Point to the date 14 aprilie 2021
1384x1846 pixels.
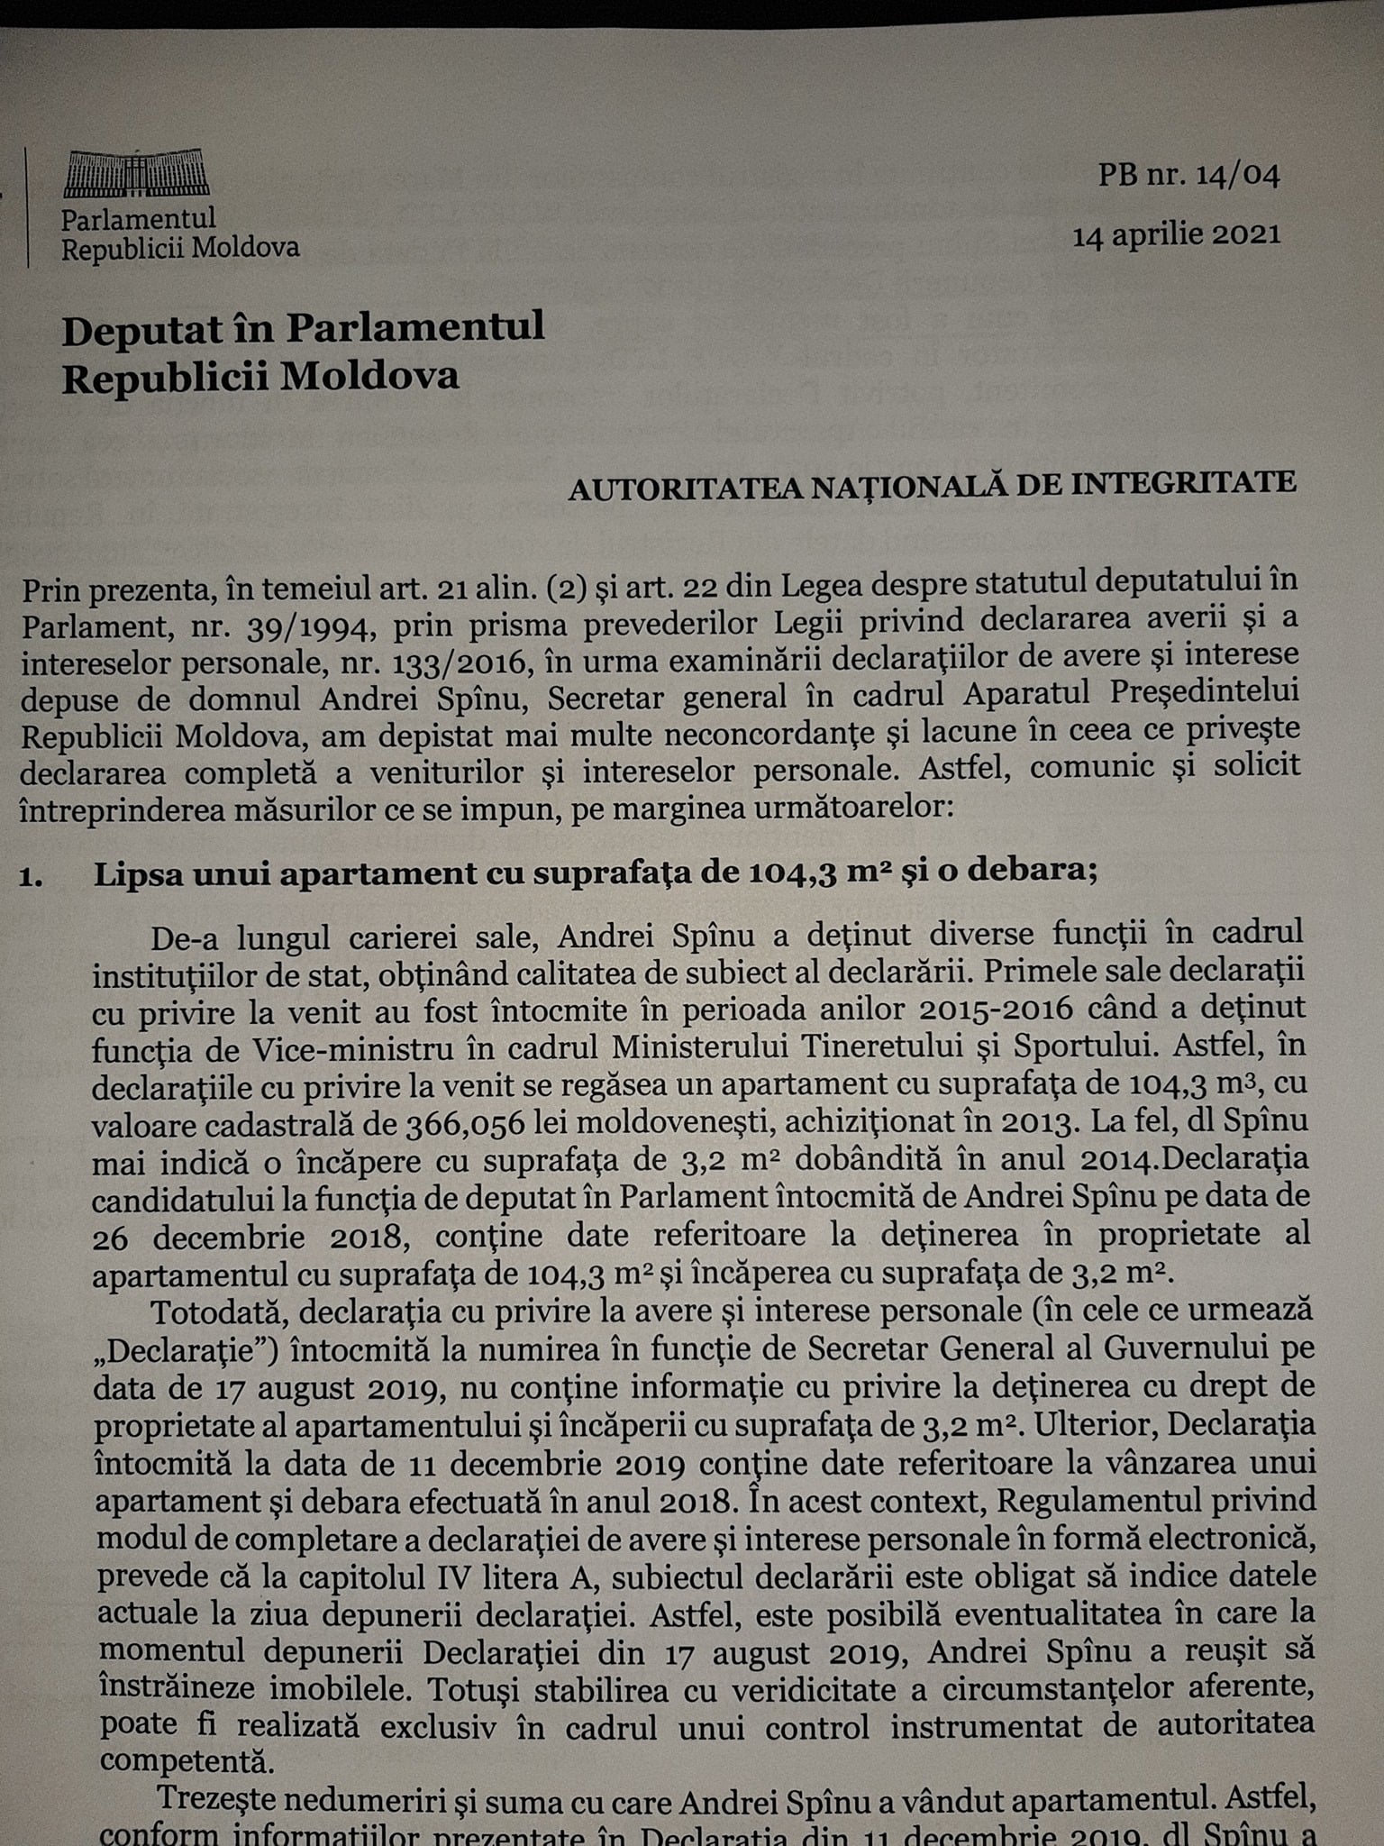click(1175, 234)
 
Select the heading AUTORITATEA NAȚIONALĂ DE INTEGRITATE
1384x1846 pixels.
click(932, 484)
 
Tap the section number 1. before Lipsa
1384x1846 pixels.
click(32, 876)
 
